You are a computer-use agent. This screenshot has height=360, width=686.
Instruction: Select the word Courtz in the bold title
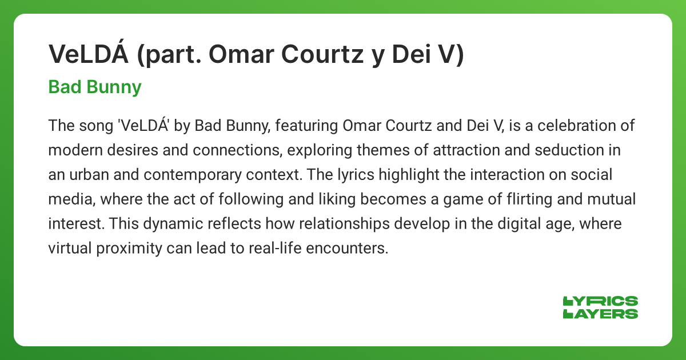[x=322, y=54]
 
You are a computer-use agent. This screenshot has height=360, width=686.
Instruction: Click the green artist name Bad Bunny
[x=95, y=87]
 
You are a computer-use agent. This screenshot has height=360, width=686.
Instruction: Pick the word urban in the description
[x=89, y=174]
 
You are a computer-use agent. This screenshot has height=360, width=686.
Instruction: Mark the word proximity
[x=129, y=249]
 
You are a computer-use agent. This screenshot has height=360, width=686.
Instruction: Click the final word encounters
[x=347, y=249]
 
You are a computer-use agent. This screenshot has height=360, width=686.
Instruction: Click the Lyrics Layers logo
[x=600, y=307]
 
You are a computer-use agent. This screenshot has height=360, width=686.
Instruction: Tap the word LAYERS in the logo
[x=600, y=314]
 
